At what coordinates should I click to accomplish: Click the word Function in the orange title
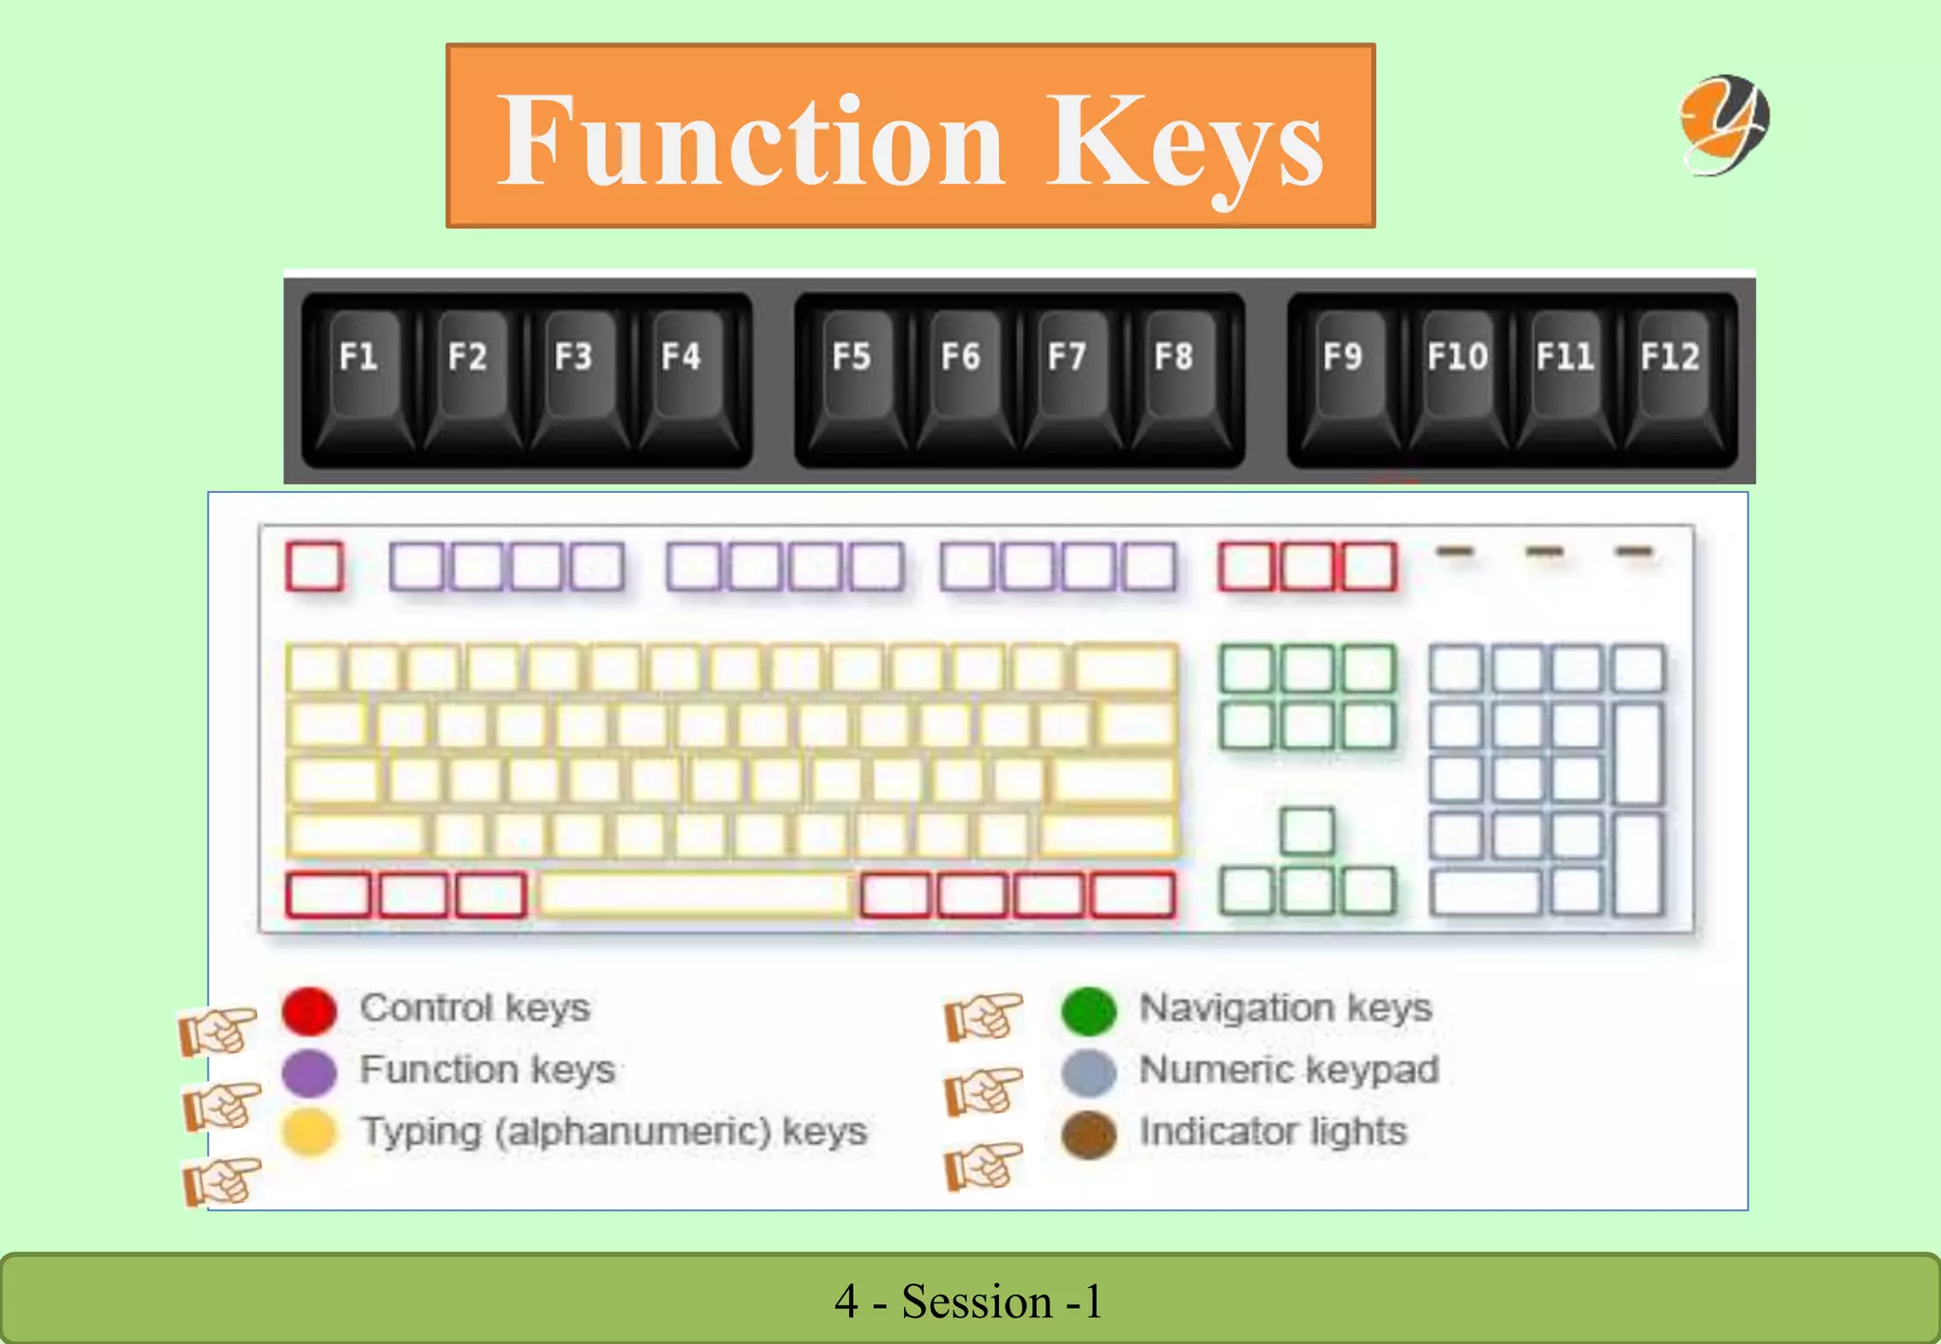(x=751, y=140)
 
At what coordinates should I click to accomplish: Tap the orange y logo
(x=1725, y=124)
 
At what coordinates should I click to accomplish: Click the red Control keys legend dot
(x=309, y=1010)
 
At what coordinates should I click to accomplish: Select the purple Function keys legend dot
(x=309, y=1072)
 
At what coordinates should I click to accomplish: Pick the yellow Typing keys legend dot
(x=309, y=1132)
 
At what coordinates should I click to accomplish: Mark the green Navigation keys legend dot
(x=1089, y=1010)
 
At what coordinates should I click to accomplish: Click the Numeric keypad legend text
(x=1289, y=1070)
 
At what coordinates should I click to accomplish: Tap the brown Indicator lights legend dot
(x=1089, y=1135)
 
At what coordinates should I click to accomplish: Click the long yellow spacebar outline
(x=694, y=895)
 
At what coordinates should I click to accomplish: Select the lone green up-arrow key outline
(x=1307, y=831)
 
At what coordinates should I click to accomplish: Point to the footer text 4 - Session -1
(x=969, y=1301)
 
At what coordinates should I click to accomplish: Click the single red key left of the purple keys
(x=315, y=567)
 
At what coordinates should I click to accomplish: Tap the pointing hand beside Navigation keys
(x=984, y=1017)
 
